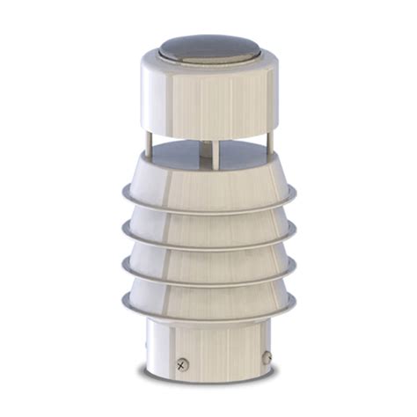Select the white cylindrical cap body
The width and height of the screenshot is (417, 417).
(208, 97)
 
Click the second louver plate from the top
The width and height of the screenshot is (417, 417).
(208, 229)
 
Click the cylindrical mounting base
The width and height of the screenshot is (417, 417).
(208, 347)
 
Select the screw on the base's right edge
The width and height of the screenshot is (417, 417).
(266, 359)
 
